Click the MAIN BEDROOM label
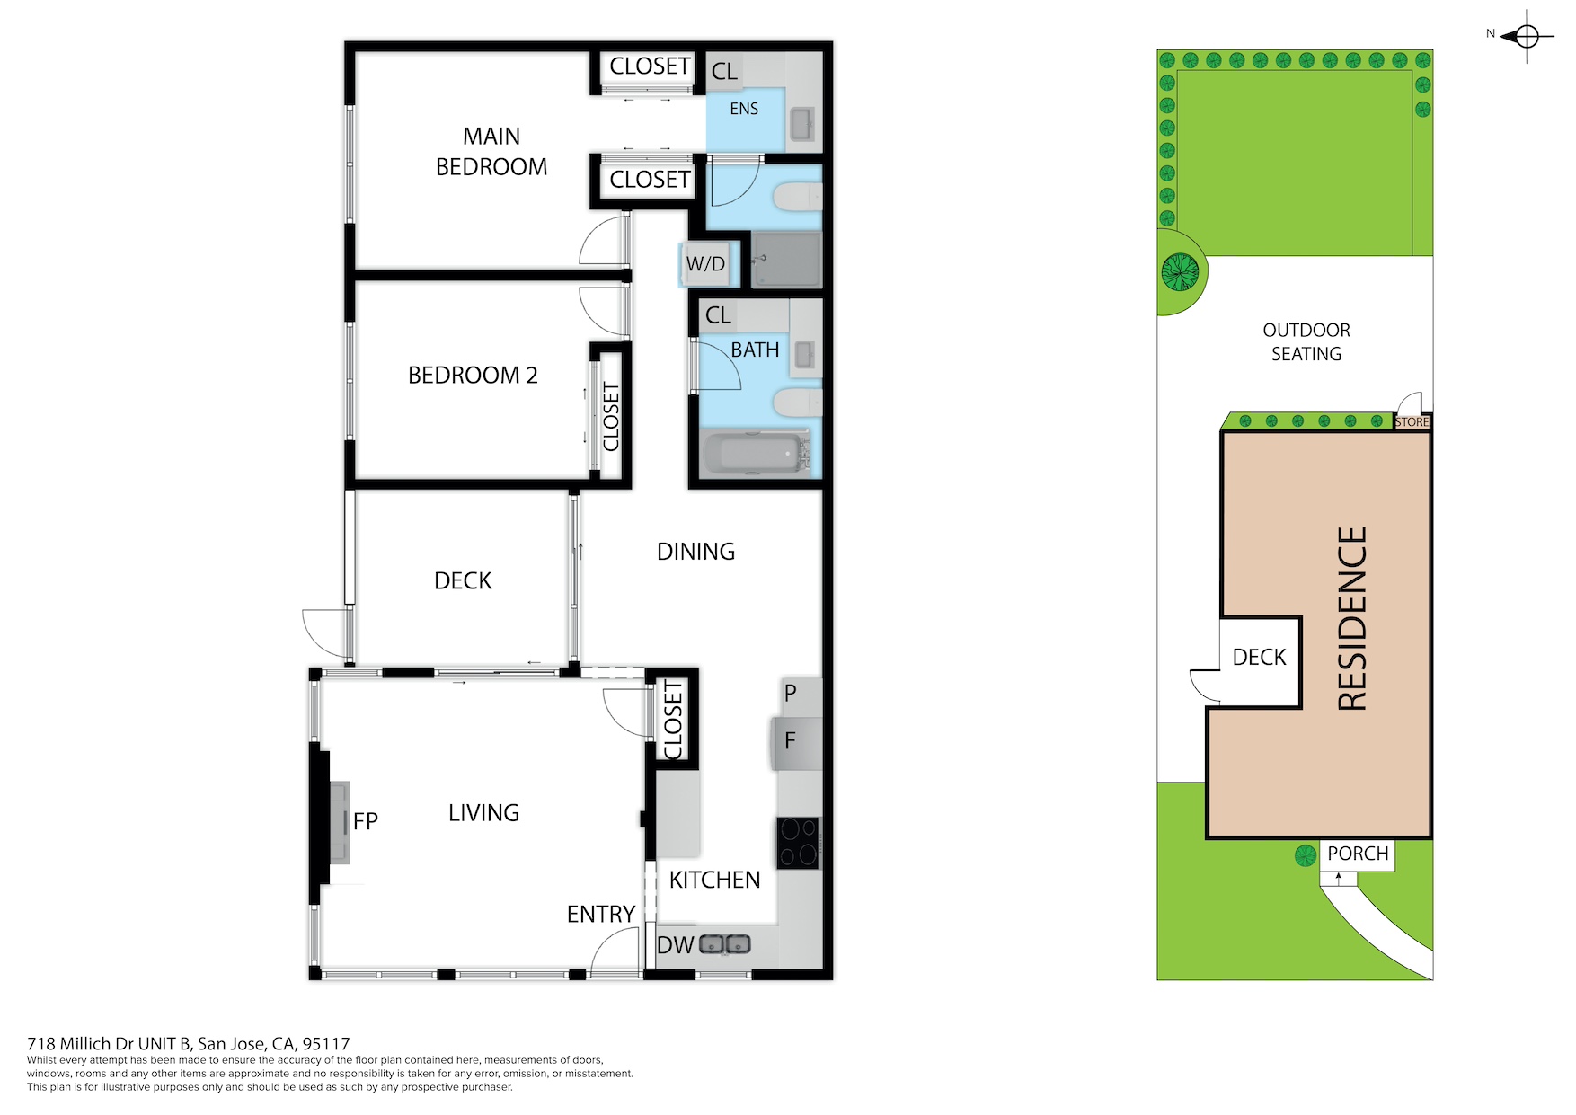(491, 151)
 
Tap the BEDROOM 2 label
(473, 375)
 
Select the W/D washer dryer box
(705, 264)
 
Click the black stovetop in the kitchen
(799, 843)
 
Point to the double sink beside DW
(725, 944)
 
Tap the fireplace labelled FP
(340, 821)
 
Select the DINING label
(695, 551)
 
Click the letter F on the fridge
(790, 740)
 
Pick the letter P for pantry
(791, 693)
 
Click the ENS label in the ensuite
(744, 109)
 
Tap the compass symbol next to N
(1527, 37)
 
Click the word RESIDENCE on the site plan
(1352, 619)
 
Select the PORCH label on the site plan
(1358, 853)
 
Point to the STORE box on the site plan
(1412, 422)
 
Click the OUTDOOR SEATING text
(1306, 342)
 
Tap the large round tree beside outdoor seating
(1180, 271)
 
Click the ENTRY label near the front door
(601, 914)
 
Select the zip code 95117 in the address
(326, 1043)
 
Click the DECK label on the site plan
(1259, 657)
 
